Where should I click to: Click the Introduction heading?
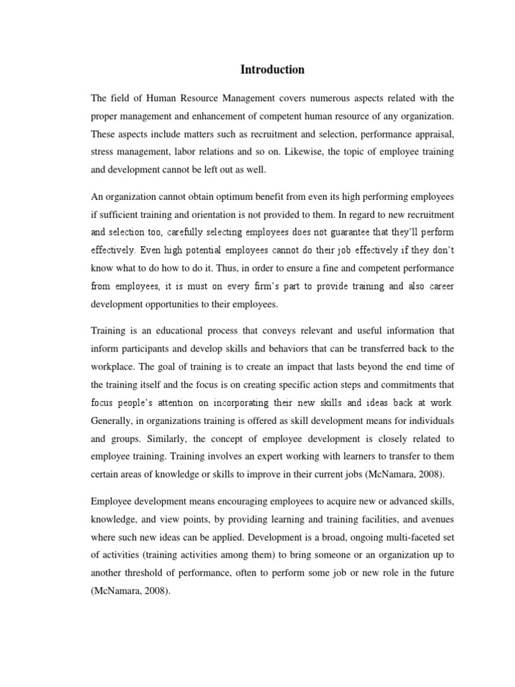click(273, 70)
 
